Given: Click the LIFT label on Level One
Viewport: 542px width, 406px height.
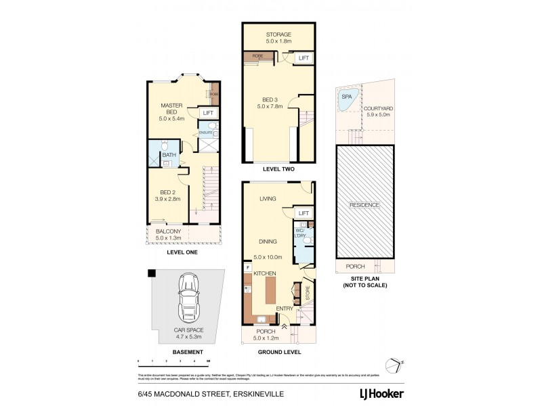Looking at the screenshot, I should tap(208, 113).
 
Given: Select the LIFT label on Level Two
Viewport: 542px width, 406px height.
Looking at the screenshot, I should tap(304, 59).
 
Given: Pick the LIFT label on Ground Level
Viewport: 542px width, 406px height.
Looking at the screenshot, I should tap(304, 213).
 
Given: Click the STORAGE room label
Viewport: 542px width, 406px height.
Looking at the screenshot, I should tap(278, 35).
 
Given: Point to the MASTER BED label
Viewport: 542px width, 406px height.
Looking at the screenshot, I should tap(173, 109).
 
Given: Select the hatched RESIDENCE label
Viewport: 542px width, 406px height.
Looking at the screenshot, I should tap(364, 205).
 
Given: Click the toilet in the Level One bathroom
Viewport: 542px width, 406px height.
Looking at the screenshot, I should tap(166, 145).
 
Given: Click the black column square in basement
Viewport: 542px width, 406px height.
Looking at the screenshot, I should tap(152, 273).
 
